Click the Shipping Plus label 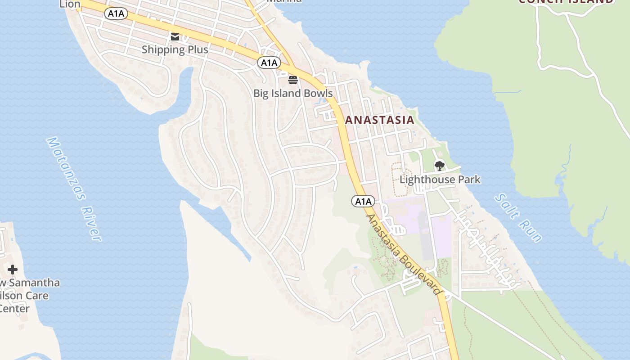pyautogui.click(x=175, y=49)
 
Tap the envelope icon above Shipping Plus pyautogui.click(x=175, y=37)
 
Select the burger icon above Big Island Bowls pyautogui.click(x=293, y=81)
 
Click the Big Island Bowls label pyautogui.click(x=293, y=94)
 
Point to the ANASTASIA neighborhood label pyautogui.click(x=379, y=120)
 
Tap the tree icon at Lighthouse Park pyautogui.click(x=440, y=166)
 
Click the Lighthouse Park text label pyautogui.click(x=440, y=180)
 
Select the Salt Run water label pyautogui.click(x=518, y=218)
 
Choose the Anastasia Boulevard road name pyautogui.click(x=403, y=255)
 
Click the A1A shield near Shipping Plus pyautogui.click(x=116, y=14)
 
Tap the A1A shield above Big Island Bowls pyautogui.click(x=269, y=63)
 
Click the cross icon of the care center pyautogui.click(x=13, y=270)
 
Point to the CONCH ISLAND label pyautogui.click(x=565, y=1)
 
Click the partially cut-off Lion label pyautogui.click(x=70, y=4)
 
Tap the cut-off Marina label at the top pyautogui.click(x=284, y=1)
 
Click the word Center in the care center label pyautogui.click(x=14, y=309)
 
